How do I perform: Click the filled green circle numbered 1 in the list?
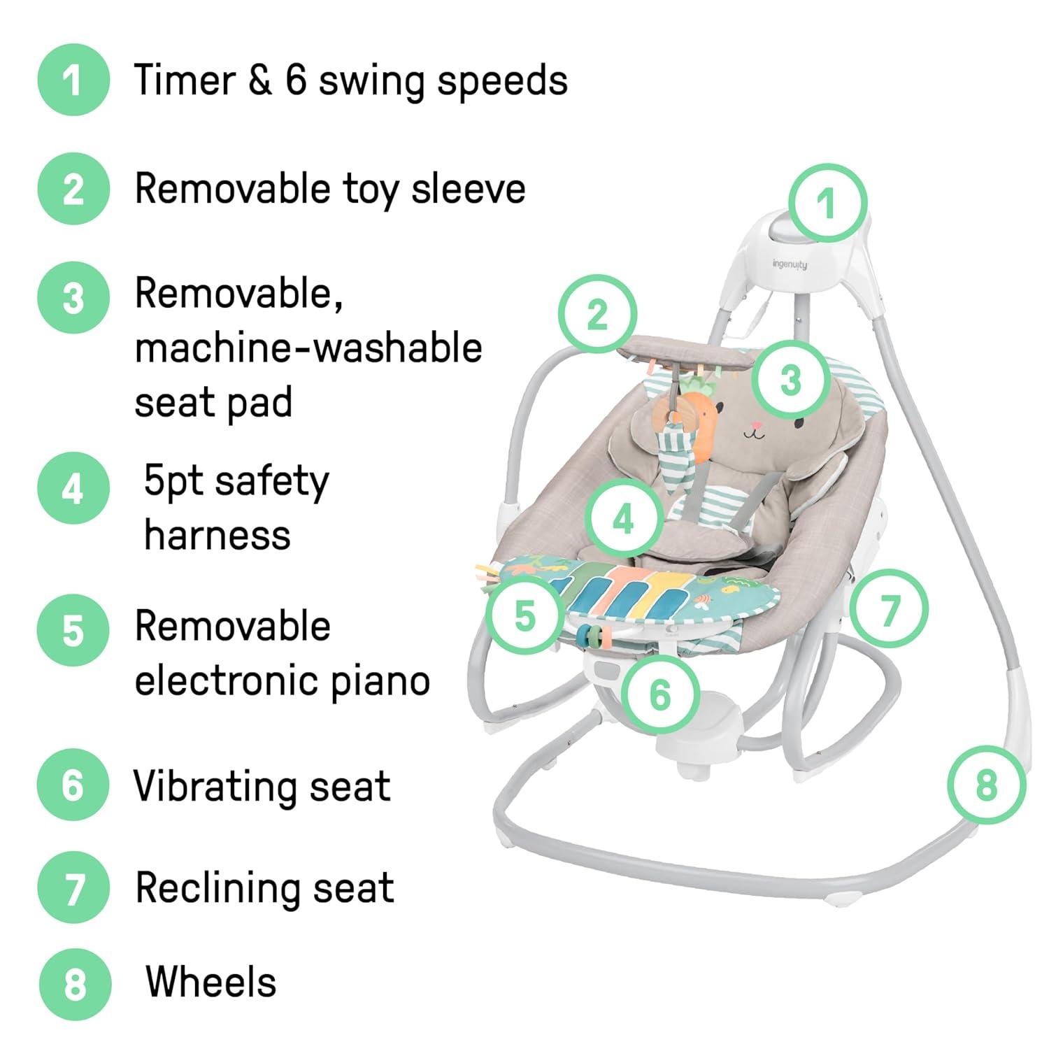click(73, 80)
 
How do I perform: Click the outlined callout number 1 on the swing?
click(828, 203)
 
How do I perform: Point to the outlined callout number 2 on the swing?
click(597, 315)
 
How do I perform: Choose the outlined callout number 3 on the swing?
click(790, 380)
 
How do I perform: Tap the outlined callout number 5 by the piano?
click(524, 615)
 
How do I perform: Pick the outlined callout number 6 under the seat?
click(660, 694)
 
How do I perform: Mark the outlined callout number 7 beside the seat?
click(890, 608)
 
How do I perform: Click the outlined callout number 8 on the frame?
click(987, 785)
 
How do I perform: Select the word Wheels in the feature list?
click(211, 982)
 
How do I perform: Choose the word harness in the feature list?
click(217, 536)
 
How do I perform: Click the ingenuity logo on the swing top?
click(790, 264)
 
